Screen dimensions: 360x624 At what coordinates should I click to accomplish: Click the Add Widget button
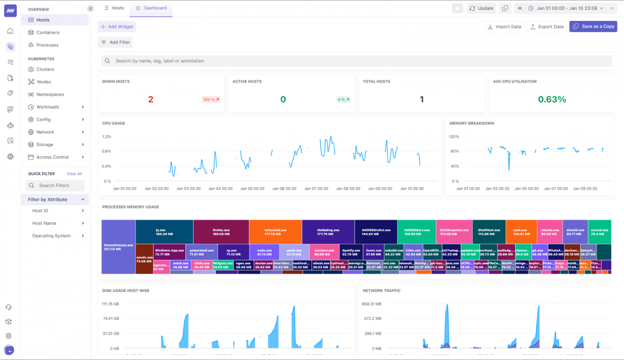(117, 27)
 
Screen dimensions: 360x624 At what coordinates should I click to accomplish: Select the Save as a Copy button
(593, 26)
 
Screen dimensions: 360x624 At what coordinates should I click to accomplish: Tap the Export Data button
(547, 27)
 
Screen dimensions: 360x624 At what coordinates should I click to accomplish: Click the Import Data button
(504, 27)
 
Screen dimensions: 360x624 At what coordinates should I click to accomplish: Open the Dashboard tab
(151, 8)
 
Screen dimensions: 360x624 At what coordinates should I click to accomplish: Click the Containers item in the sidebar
(48, 33)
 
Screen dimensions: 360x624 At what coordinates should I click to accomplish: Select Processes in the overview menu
(47, 45)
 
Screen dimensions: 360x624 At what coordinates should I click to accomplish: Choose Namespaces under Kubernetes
(50, 94)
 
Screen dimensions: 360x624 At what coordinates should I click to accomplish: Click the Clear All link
(74, 174)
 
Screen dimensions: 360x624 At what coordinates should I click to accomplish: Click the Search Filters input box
(55, 186)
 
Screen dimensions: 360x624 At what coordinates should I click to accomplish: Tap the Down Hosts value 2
(151, 100)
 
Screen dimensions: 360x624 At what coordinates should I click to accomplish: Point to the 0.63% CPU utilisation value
(552, 100)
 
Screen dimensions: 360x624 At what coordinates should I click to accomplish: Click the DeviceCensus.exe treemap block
(118, 247)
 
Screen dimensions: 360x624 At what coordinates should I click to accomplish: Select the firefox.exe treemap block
(221, 232)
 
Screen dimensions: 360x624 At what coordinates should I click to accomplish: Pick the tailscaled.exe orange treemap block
(275, 232)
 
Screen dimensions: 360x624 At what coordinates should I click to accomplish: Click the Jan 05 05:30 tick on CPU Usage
(252, 189)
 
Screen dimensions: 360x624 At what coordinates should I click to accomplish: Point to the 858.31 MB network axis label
(372, 304)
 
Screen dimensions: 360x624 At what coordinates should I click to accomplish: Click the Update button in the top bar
(481, 8)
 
